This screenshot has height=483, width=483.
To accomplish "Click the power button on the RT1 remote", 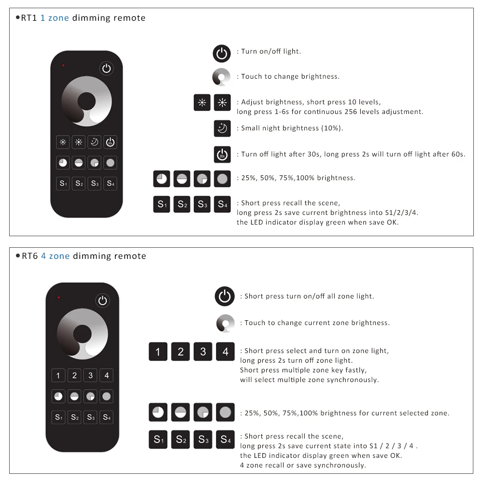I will (x=107, y=69).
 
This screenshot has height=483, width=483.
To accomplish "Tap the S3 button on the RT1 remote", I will (x=94, y=184).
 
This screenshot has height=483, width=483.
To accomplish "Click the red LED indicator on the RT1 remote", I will (x=63, y=65).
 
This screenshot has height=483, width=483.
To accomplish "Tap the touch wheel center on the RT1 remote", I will (x=86, y=101).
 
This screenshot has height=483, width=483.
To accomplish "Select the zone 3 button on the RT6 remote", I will (x=90, y=375).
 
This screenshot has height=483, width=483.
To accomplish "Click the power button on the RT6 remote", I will (x=102, y=300).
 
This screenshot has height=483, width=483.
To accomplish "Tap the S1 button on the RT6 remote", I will (x=58, y=417).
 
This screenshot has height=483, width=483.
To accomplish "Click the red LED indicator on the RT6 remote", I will (x=59, y=297).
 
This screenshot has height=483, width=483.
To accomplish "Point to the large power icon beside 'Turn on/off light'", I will (x=222, y=53).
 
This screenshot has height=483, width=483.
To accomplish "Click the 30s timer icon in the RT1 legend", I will (x=222, y=155).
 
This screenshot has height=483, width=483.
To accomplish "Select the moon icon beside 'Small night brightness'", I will (x=222, y=128).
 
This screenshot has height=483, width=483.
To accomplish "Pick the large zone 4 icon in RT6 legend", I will (x=225, y=352).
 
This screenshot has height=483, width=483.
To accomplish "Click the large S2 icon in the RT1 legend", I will (x=182, y=204).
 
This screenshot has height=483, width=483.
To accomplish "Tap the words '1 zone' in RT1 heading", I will (x=55, y=18).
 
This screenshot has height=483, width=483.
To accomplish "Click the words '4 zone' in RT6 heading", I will (x=55, y=256).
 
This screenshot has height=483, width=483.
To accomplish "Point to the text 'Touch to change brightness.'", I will (x=290, y=76).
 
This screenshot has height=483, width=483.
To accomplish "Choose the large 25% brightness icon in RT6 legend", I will (x=158, y=412).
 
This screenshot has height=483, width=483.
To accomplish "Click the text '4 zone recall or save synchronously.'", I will (x=303, y=465).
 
